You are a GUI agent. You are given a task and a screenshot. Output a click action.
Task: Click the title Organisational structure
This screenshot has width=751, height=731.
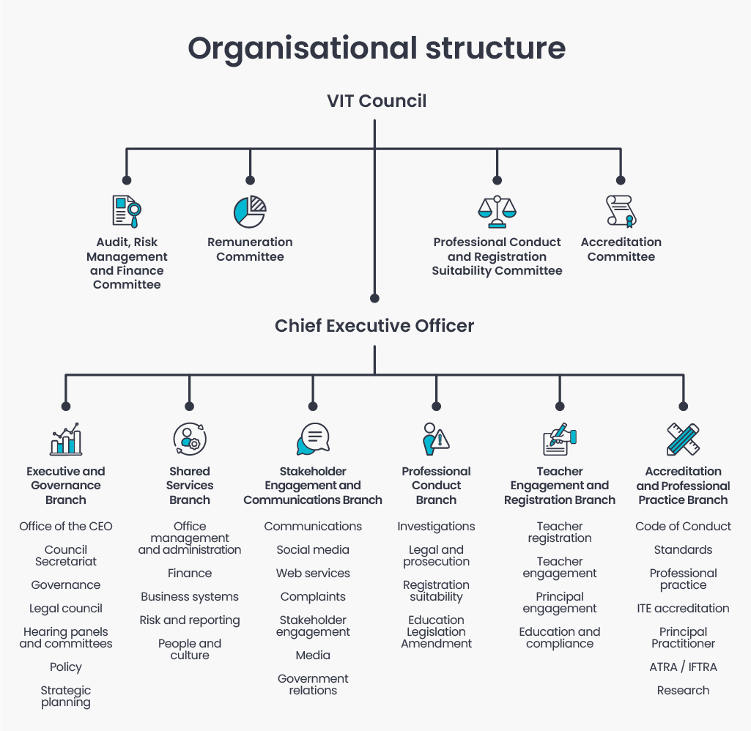pos(376,48)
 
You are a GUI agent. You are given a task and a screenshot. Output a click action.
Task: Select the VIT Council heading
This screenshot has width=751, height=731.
pos(376,100)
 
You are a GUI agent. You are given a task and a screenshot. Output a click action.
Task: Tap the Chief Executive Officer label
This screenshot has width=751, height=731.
pos(374,325)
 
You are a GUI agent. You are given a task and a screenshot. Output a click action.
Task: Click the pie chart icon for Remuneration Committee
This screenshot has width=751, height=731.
pos(250,212)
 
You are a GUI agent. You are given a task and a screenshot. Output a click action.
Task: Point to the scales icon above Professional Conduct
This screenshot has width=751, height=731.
pos(497,212)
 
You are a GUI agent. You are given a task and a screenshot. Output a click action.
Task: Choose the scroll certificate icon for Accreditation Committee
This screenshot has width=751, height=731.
pos(621,211)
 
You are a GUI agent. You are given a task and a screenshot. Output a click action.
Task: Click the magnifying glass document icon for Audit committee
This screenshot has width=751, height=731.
pos(126,212)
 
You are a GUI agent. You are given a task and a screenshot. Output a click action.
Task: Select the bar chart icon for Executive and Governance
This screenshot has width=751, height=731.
pos(66,439)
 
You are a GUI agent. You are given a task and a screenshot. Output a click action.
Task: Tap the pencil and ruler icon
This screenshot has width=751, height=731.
pos(683,439)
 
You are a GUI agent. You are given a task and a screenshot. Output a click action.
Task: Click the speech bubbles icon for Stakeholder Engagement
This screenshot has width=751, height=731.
pos(313,439)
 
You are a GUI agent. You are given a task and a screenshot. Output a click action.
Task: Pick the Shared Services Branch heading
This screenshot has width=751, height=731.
pos(189,486)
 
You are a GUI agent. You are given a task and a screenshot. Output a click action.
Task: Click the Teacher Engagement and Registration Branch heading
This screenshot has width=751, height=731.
pos(560,486)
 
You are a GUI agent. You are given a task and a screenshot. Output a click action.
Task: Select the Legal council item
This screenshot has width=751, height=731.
pos(66,609)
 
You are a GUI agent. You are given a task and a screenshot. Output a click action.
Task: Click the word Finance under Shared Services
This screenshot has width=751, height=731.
pos(189,574)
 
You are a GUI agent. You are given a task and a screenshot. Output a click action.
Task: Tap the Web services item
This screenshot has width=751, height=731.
pos(313,574)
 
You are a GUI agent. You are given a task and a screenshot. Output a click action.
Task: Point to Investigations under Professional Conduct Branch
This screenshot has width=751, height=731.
pos(436,527)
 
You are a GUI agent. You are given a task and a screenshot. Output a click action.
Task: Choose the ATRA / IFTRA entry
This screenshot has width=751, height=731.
pos(683,667)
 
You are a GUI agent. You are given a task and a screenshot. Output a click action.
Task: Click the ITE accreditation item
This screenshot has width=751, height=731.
pos(683,609)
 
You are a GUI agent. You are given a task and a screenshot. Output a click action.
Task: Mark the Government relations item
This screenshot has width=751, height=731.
pos(313,684)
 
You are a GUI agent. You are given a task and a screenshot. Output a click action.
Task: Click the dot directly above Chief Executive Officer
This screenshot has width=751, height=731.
pos(374,298)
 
